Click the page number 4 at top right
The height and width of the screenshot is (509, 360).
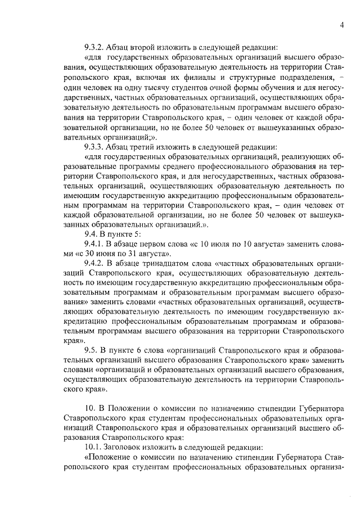coord(341,24)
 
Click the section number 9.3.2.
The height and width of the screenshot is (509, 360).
coord(96,47)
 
